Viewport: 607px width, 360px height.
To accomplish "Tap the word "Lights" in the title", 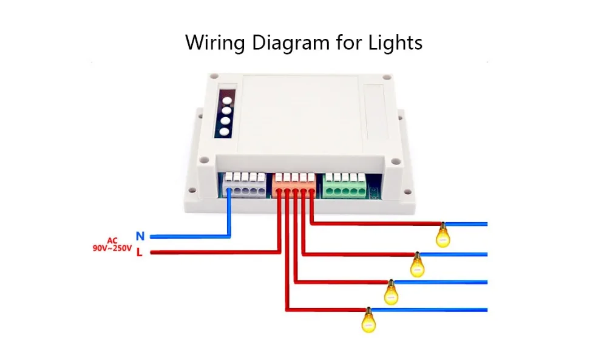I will [x=395, y=43].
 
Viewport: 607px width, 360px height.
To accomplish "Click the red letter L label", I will [x=140, y=253].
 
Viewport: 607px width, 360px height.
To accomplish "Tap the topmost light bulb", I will [x=443, y=235].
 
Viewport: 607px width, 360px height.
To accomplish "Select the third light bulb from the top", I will [x=391, y=293].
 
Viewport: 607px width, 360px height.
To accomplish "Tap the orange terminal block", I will [x=295, y=184].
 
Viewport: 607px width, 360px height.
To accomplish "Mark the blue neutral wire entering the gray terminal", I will [x=229, y=212].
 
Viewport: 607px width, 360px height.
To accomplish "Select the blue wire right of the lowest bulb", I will [x=431, y=309].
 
